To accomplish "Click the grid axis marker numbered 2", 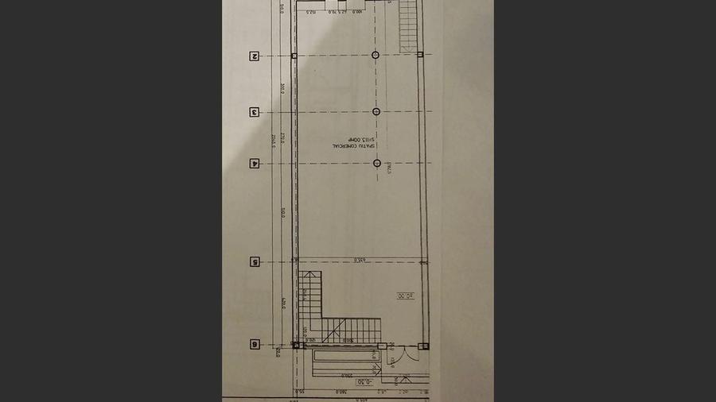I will pos(255,56).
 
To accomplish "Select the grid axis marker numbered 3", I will pos(255,112).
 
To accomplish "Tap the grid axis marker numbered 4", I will pos(255,164).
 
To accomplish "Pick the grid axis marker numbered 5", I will pos(255,261).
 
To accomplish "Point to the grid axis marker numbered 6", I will pos(255,345).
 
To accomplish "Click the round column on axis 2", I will pos(376,56).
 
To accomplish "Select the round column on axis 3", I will pos(376,111).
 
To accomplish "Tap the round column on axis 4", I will pos(377,164).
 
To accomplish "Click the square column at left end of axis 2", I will pos(294,56).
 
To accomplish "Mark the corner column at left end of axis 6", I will pos(297,346).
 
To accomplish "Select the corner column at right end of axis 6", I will pos(423,346).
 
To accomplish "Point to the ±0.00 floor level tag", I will pos(405,296).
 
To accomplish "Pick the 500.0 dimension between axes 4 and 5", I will pos(283,213).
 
